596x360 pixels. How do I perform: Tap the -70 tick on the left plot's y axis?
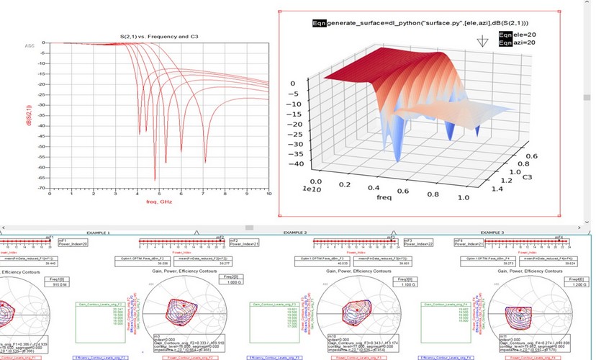pyautogui.click(x=45, y=187)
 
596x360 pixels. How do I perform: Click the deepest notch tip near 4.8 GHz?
pyautogui.click(x=155, y=179)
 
